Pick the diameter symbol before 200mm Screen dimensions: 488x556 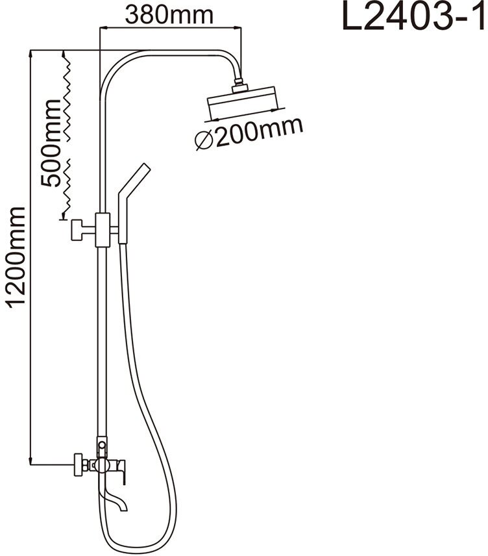204,140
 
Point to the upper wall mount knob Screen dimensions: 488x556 78,229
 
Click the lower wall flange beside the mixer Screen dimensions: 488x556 79,464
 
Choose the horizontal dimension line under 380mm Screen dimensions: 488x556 170,27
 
